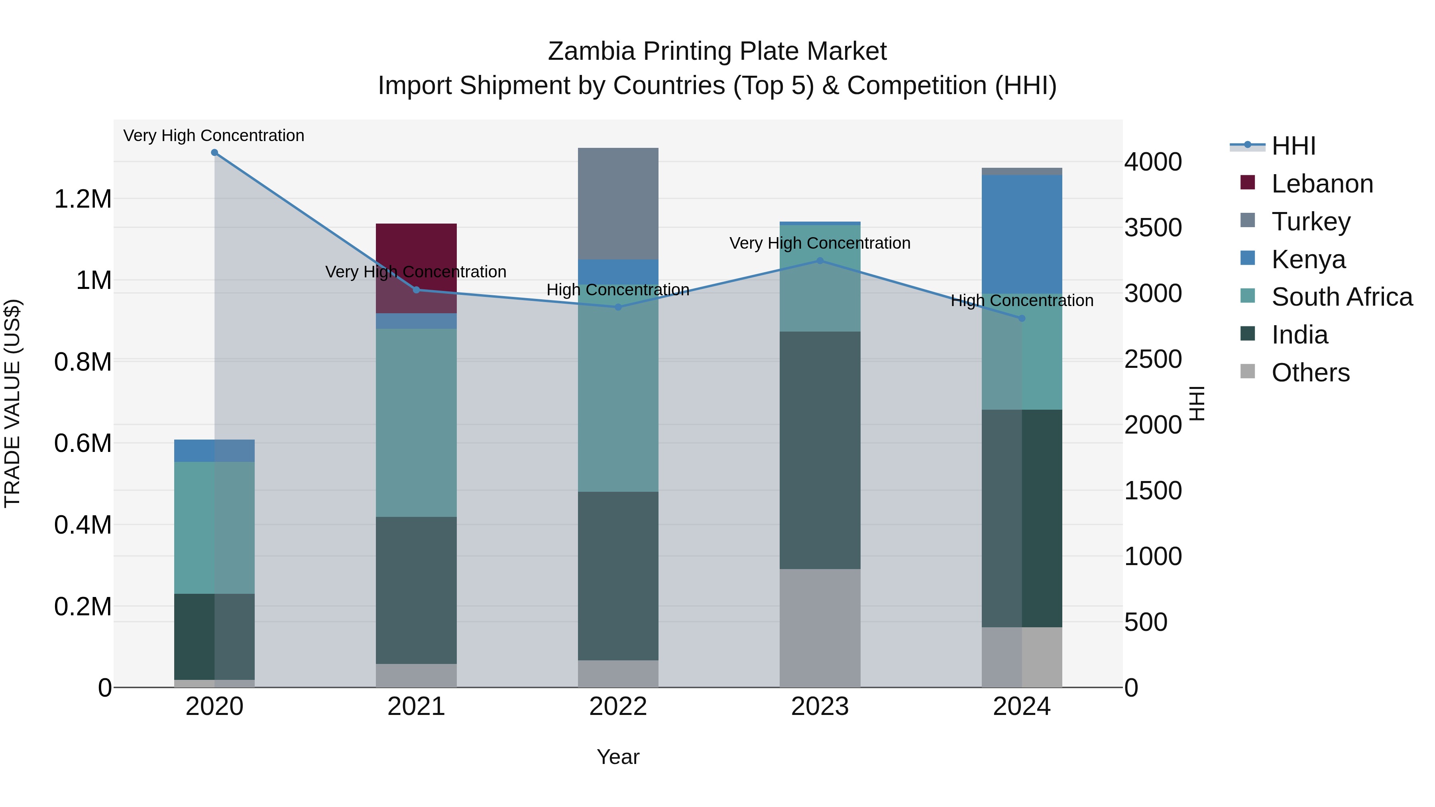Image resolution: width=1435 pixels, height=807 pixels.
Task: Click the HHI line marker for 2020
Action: [x=214, y=153]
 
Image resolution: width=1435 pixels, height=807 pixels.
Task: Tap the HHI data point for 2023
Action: [x=820, y=261]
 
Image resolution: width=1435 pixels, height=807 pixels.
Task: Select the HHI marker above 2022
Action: [x=618, y=307]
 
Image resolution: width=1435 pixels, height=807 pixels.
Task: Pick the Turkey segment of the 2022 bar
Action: [x=618, y=203]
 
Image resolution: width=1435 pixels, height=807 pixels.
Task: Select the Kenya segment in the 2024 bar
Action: [x=1022, y=234]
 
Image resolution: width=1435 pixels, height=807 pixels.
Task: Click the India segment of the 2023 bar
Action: [x=820, y=450]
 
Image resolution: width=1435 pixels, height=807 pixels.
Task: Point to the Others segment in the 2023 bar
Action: [x=820, y=628]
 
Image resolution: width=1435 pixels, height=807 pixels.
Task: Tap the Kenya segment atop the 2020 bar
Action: [x=214, y=451]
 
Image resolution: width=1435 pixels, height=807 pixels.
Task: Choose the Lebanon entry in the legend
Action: [x=1321, y=184]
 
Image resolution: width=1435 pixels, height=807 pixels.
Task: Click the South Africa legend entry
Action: [x=1341, y=297]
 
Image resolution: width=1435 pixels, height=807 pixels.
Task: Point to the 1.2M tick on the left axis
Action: [x=83, y=199]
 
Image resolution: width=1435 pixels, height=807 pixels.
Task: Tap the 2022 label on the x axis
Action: [x=618, y=707]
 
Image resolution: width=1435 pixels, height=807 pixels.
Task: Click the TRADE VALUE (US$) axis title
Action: [x=12, y=403]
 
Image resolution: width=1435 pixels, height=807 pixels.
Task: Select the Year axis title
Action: [x=618, y=757]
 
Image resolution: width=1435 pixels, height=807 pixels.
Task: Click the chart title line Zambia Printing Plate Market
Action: [x=717, y=51]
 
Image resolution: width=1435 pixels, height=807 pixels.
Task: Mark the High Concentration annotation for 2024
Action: [x=1022, y=301]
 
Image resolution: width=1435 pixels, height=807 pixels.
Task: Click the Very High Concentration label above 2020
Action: [x=214, y=136]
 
